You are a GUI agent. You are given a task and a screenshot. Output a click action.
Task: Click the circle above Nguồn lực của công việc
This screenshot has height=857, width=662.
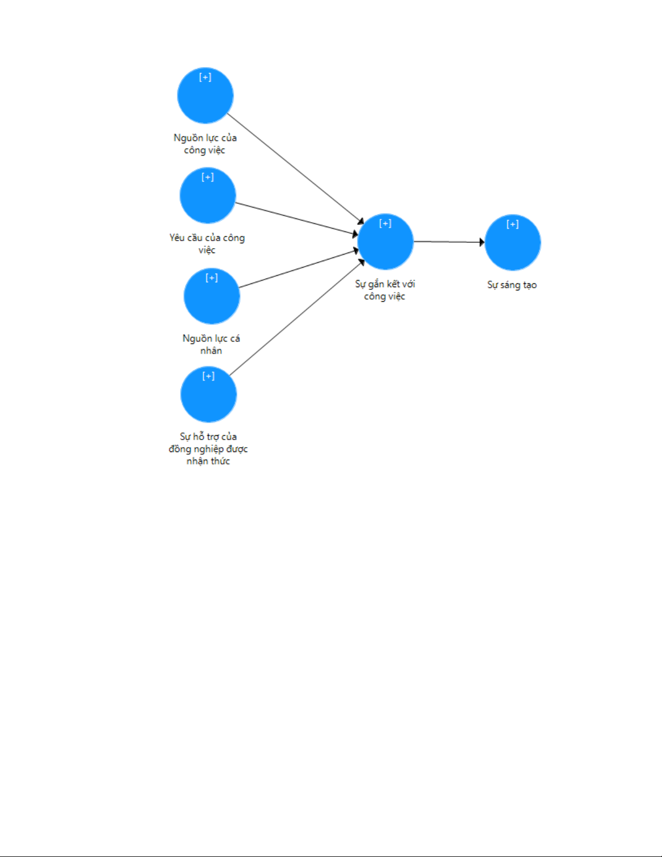[205, 96]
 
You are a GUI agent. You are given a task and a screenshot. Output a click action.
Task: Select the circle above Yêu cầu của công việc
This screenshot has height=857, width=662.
[208, 195]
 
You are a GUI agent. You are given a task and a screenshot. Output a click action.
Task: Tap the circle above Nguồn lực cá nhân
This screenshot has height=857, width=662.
[212, 296]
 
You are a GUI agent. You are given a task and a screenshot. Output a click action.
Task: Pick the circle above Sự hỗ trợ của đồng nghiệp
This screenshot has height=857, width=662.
[209, 394]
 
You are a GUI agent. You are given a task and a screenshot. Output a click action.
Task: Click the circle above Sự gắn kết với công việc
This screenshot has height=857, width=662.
[385, 242]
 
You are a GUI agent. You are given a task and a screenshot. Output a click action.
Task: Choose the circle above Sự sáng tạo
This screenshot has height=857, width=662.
[513, 243]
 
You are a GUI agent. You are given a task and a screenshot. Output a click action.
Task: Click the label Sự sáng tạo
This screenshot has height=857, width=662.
[512, 285]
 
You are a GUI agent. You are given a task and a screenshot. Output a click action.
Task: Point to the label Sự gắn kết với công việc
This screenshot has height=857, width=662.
[385, 290]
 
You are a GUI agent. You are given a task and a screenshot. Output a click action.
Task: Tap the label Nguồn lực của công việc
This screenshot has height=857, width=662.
[205, 144]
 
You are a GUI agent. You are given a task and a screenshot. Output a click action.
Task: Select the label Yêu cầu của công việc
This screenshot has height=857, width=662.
[207, 243]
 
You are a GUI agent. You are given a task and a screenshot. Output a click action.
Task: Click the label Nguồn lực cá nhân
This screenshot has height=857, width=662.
[211, 344]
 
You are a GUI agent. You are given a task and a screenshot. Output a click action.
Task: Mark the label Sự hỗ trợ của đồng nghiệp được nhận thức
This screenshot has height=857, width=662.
[208, 448]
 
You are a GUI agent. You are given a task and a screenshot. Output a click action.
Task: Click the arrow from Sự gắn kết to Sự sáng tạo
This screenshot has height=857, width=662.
[449, 242]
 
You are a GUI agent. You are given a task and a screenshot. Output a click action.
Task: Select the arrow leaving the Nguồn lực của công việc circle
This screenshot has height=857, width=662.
[296, 169]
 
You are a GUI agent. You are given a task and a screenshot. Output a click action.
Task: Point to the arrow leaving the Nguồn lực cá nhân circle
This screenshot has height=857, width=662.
[299, 269]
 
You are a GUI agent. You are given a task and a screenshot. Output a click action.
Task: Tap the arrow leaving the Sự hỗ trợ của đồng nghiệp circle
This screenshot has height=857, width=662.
[297, 317]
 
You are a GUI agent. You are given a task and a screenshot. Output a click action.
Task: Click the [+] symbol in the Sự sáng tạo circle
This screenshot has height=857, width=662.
[513, 224]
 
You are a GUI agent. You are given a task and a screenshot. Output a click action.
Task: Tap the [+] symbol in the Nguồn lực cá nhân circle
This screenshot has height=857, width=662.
[212, 278]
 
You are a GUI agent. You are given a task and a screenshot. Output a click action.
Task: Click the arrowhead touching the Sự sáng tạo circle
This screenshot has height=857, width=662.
[482, 242]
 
